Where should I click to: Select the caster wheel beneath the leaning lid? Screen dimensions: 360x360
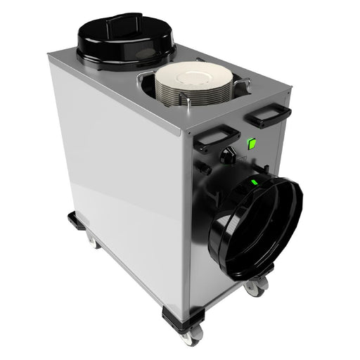click(x=256, y=285)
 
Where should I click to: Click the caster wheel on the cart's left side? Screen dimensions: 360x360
click(x=91, y=240)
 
